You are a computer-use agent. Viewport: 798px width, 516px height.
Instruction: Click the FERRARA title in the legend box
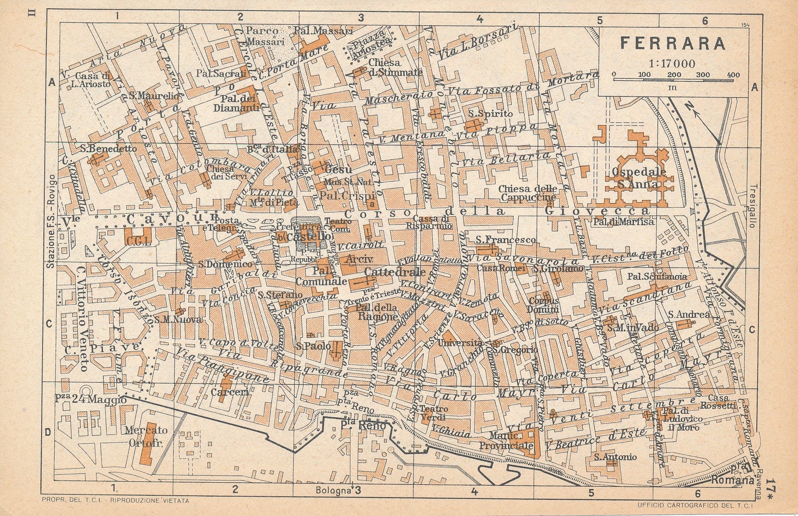pyautogui.click(x=673, y=43)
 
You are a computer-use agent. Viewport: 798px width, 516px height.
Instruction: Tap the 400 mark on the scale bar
pyautogui.click(x=733, y=75)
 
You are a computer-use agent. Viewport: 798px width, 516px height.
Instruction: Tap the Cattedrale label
pyautogui.click(x=395, y=272)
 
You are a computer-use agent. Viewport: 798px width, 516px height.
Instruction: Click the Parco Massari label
pyautogui.click(x=262, y=36)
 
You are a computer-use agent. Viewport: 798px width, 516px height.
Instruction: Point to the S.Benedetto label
pyautogui.click(x=108, y=148)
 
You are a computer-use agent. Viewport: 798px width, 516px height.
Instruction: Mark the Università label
pyautogui.click(x=463, y=343)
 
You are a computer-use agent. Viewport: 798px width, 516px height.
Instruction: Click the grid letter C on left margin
pyautogui.click(x=49, y=324)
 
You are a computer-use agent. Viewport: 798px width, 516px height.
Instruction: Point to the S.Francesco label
pyautogui.click(x=506, y=240)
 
